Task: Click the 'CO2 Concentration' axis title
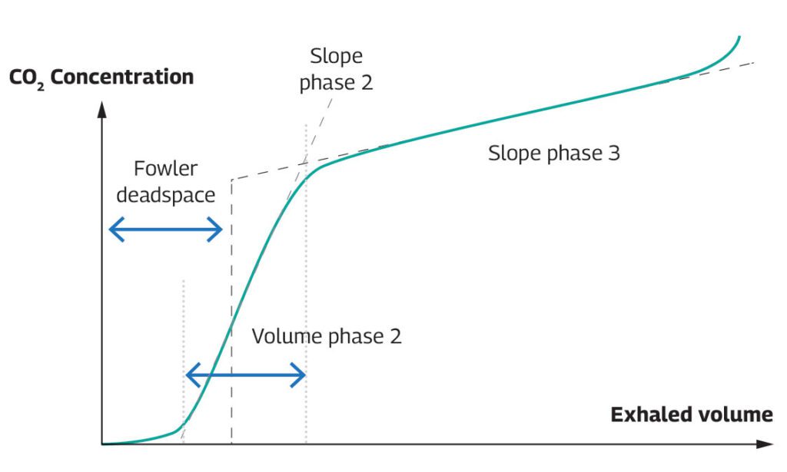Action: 101,78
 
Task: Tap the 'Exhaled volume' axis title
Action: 692,414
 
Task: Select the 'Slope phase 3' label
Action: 554,153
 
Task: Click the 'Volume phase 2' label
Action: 327,336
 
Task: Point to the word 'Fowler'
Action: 166,168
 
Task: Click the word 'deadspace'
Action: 166,195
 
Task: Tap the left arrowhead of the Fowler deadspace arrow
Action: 117,229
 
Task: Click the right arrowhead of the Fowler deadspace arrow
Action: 215,229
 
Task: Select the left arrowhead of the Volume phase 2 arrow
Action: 194,375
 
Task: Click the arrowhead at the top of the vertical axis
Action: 102,109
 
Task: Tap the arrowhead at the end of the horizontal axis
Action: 765,444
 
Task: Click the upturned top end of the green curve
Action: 739,38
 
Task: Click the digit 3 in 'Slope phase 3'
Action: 614,153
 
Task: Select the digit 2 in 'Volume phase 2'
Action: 396,336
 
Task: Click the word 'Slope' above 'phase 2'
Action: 337,56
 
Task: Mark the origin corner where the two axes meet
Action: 102,444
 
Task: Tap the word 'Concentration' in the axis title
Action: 122,77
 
